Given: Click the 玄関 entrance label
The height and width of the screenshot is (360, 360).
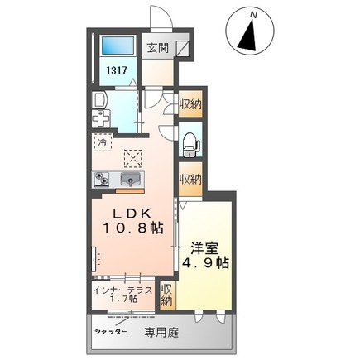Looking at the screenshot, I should (159, 48).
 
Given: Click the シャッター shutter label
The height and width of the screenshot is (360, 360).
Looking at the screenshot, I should (110, 332).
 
